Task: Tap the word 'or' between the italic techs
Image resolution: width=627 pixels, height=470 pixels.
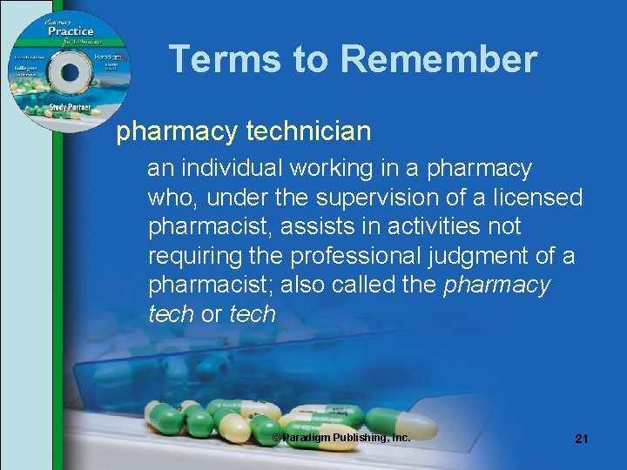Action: click(x=212, y=314)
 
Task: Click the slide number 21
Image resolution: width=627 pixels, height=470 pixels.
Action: click(x=582, y=439)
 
